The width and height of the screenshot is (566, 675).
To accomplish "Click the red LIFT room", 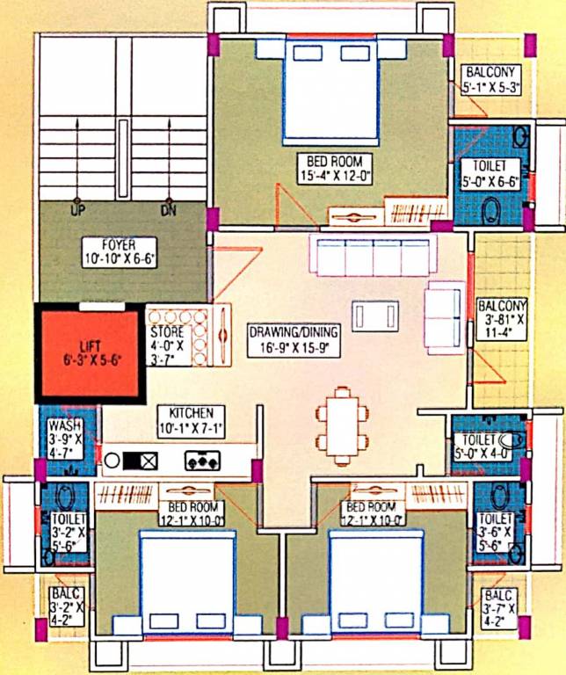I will tap(89, 352).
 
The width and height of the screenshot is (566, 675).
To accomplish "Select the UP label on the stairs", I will tap(78, 210).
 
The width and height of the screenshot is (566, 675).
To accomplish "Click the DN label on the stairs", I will tap(168, 210).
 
